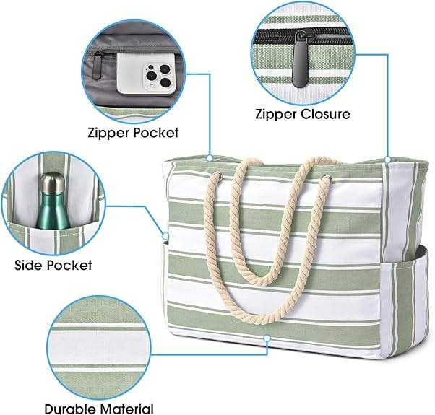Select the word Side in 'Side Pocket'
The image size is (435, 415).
click(x=30, y=265)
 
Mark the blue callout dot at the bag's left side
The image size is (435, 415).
click(x=165, y=235)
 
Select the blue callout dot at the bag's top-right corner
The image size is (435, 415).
click(x=389, y=160)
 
